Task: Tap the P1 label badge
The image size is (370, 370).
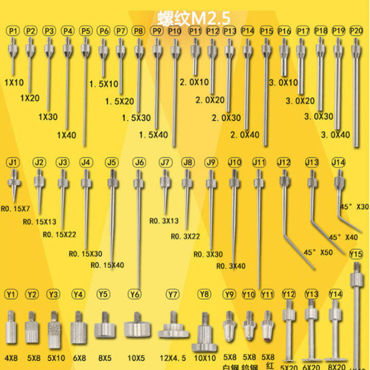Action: click(13, 31)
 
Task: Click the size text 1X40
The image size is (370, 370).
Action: click(67, 136)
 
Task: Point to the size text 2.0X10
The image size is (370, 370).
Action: click(194, 82)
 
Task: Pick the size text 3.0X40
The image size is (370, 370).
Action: click(335, 135)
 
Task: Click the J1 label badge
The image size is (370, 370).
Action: click(13, 162)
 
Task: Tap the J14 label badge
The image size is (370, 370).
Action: click(338, 162)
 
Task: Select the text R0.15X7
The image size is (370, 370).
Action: click(17, 209)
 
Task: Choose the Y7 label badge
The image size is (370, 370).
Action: click(173, 294)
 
